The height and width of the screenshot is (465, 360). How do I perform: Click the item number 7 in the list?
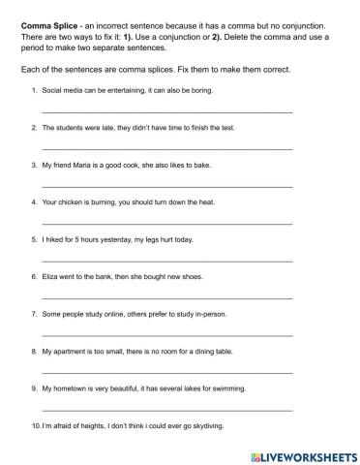(x=34, y=314)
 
